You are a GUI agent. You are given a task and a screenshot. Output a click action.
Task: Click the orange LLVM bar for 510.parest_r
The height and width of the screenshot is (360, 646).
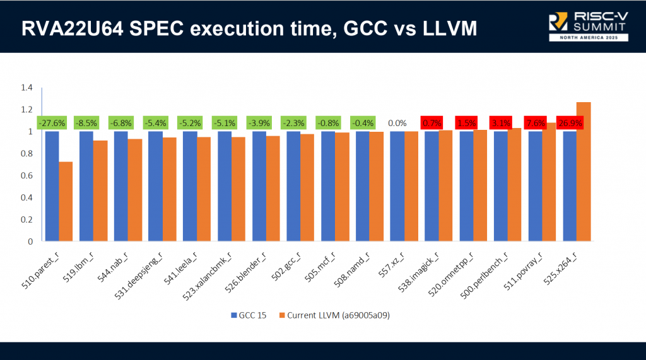[x=66, y=201]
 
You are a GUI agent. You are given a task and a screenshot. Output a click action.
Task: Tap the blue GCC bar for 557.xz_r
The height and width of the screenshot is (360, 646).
[x=397, y=186]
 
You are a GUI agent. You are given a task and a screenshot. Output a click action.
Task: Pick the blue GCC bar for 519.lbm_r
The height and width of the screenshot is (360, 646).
[x=86, y=186]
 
